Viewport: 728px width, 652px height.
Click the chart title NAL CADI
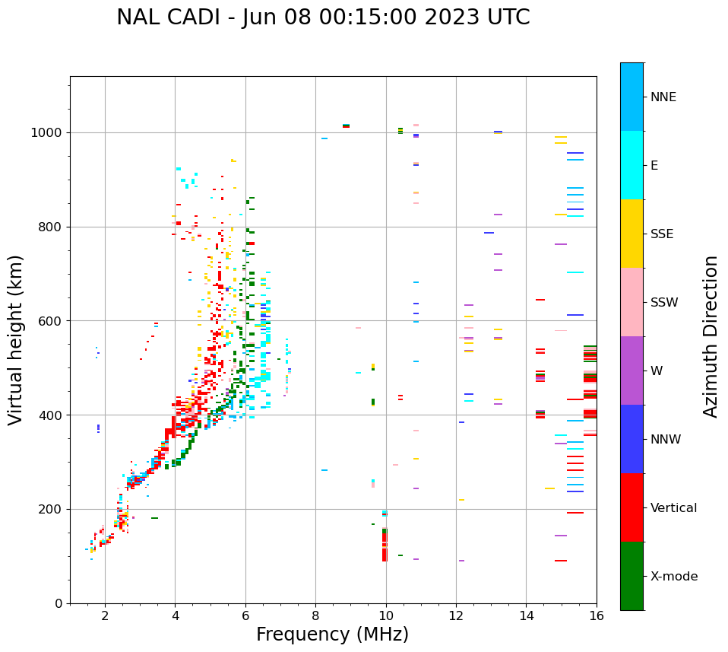[x=323, y=17]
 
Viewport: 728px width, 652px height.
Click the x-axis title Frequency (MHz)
[x=332, y=635]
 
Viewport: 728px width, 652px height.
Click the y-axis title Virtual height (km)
[x=16, y=339]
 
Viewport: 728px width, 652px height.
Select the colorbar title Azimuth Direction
[x=711, y=336]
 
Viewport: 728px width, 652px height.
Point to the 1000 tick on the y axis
[x=50, y=133]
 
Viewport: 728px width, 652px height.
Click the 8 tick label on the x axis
[x=315, y=615]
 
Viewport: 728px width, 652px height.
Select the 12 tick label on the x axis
[x=456, y=615]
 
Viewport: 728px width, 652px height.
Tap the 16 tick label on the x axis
[x=597, y=615]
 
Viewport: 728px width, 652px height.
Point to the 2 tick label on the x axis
[x=105, y=615]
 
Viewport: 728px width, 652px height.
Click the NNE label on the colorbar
[x=663, y=97]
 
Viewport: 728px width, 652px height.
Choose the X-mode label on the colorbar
[x=673, y=577]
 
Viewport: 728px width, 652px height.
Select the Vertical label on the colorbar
[x=673, y=508]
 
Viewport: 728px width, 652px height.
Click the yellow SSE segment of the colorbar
[x=631, y=234]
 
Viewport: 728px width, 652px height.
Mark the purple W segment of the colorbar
[x=631, y=371]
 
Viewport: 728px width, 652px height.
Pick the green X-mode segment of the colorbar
[x=631, y=576]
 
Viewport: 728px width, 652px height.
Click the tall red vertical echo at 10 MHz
[x=385, y=545]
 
